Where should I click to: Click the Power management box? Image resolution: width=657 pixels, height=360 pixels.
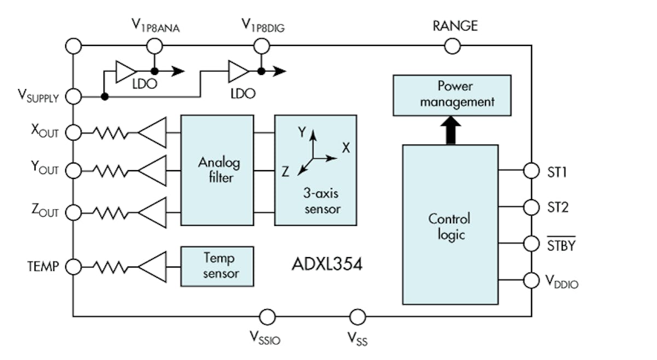pos(452,95)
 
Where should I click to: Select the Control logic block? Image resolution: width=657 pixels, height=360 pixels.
pos(450,224)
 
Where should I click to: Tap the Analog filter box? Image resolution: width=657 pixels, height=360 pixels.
pos(217,170)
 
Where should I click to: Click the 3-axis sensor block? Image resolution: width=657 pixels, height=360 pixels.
pos(315,170)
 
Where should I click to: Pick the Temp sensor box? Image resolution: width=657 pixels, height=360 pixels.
pos(217,266)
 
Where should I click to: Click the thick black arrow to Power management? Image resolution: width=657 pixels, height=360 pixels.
pos(451,131)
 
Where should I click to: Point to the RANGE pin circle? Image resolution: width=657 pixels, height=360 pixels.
pos(452,47)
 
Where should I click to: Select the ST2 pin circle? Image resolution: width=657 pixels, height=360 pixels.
pos(531,207)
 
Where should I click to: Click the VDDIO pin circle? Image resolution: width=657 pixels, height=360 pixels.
pos(531,280)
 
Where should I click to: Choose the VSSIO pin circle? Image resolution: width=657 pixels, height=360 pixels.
pos(267,317)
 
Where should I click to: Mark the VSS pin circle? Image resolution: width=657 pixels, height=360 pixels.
pos(357,317)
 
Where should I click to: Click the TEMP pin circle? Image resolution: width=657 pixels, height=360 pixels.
pos(73,266)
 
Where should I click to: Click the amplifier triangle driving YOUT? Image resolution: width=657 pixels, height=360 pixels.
pos(153,171)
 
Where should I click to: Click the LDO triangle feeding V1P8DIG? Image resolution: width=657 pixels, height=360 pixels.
pos(238,71)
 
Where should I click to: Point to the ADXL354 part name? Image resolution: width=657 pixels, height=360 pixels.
pos(327,265)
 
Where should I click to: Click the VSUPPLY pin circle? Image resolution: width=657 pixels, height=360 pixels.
pos(73,97)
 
